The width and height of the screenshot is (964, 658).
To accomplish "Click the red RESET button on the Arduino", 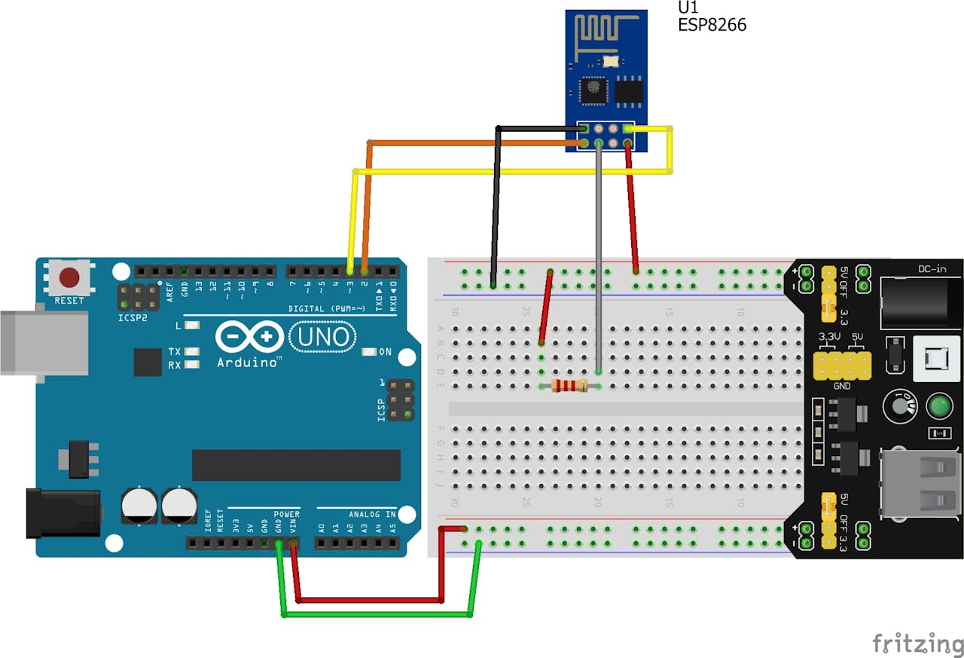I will point(69,277).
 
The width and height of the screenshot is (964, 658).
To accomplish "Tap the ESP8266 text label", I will point(712,26).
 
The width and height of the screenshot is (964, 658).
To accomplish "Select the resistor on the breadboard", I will point(569,386).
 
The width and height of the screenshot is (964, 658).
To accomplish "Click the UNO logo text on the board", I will point(320,336).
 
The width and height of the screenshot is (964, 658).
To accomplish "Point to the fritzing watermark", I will point(917,644).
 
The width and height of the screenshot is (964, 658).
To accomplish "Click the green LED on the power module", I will point(938,407).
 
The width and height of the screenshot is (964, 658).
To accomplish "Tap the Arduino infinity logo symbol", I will point(250,337).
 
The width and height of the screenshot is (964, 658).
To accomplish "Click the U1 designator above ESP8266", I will point(688,8).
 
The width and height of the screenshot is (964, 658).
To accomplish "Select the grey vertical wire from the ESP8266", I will point(599,256).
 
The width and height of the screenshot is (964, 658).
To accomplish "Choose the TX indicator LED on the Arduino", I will point(191,352).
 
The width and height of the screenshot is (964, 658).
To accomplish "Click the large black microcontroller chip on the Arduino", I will point(296,465).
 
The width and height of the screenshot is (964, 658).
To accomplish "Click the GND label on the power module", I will point(842,386).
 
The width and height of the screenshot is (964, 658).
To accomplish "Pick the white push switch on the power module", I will point(936,358).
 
